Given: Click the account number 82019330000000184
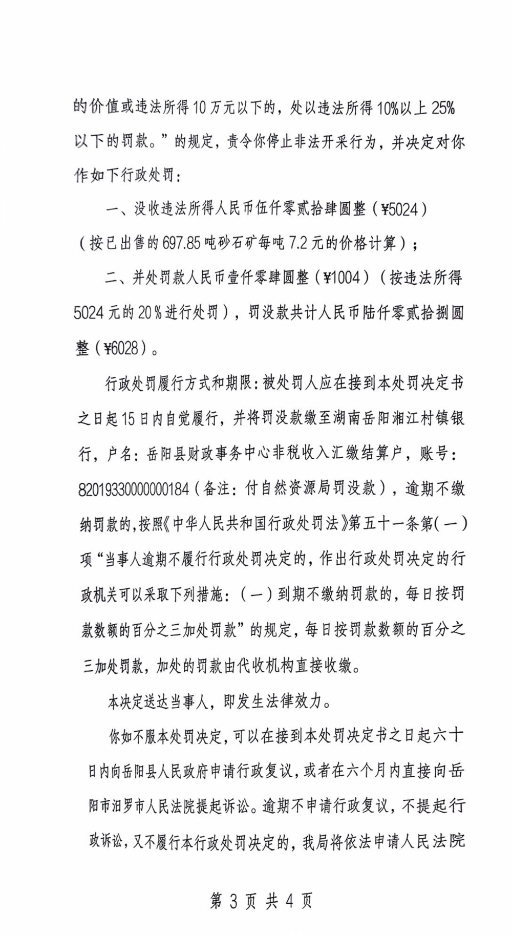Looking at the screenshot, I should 134,490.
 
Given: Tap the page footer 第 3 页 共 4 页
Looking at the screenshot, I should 261,901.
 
